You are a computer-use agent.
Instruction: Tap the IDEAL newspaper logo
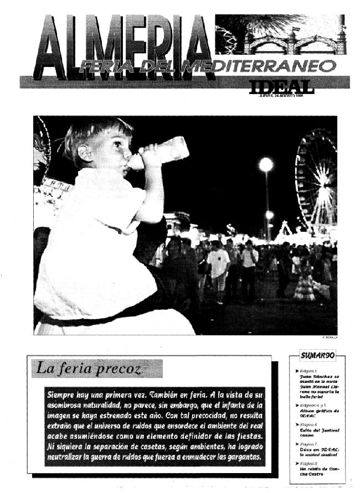[x=281, y=87]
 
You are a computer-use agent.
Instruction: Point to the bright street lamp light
[x=266, y=164]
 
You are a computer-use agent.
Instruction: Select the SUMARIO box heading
[x=316, y=355]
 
